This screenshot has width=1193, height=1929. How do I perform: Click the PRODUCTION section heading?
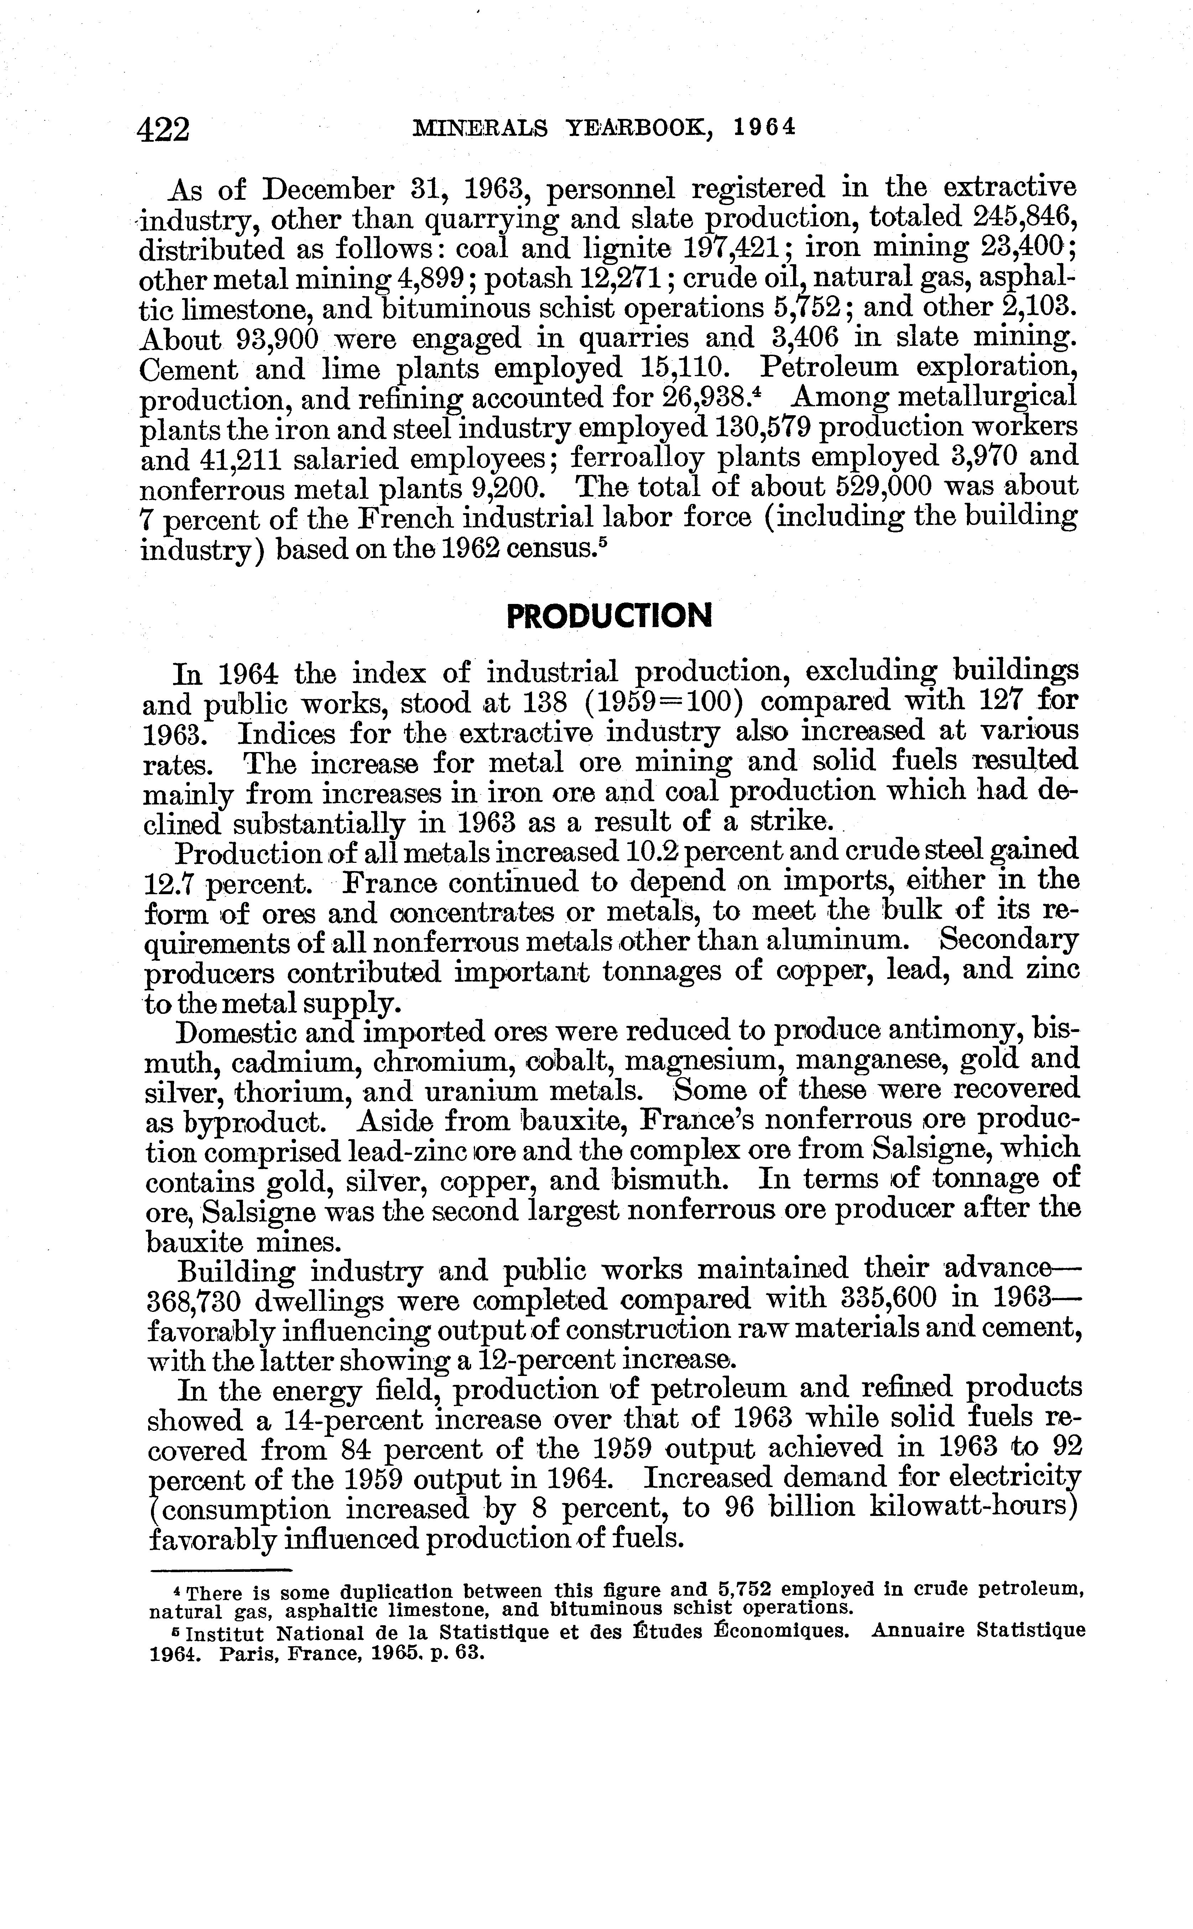pos(608,615)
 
